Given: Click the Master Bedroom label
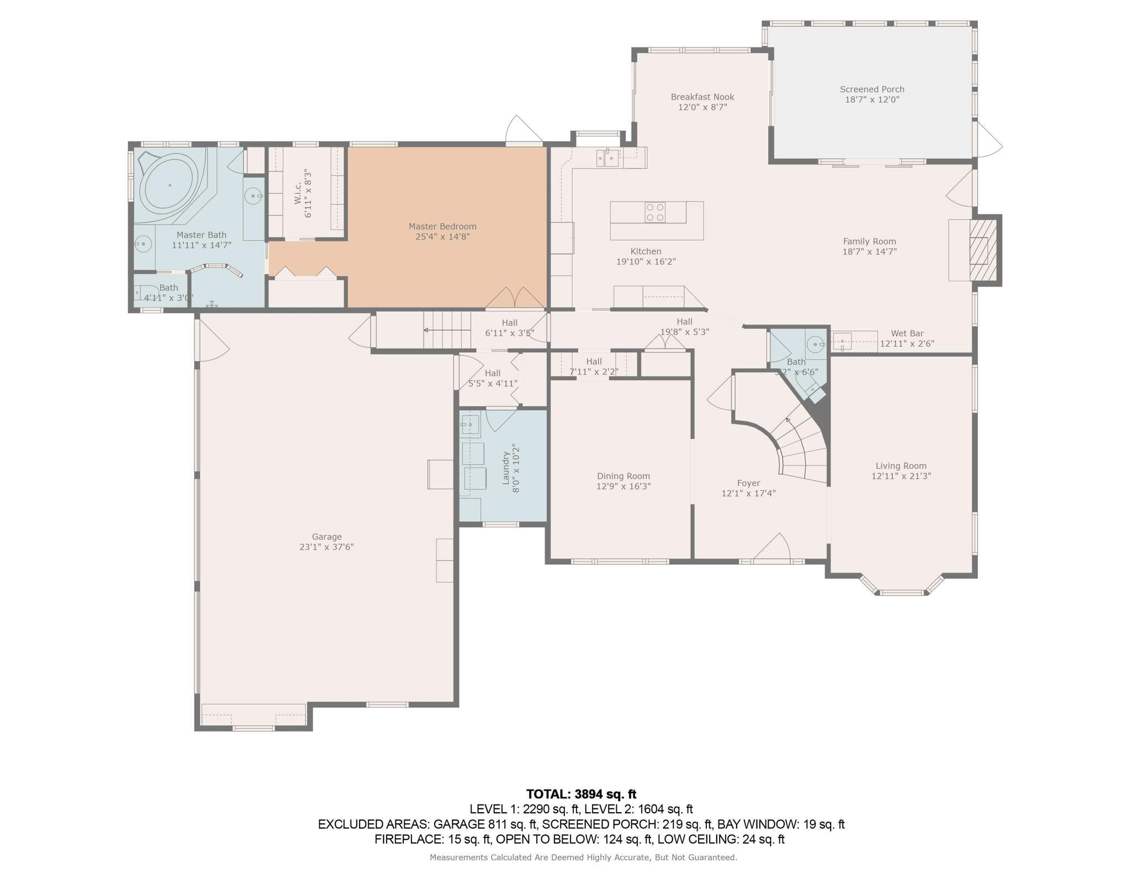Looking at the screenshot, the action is point(442,226).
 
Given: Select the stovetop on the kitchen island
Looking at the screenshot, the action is point(655,212).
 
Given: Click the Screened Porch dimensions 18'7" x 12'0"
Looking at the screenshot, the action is point(872,100).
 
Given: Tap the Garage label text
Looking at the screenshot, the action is point(327,537).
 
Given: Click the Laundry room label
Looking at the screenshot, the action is point(505,468).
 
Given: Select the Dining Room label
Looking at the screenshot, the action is point(623,476).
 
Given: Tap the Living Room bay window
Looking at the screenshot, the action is point(901,585).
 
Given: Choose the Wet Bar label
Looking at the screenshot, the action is point(907,333).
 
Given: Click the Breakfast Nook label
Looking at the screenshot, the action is point(702,97).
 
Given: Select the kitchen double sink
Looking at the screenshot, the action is point(607,158).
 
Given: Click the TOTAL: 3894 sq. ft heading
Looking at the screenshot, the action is point(581,794).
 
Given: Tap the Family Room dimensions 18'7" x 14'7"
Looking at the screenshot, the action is point(869,252).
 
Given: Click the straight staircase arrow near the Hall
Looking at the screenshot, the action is point(447,330).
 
